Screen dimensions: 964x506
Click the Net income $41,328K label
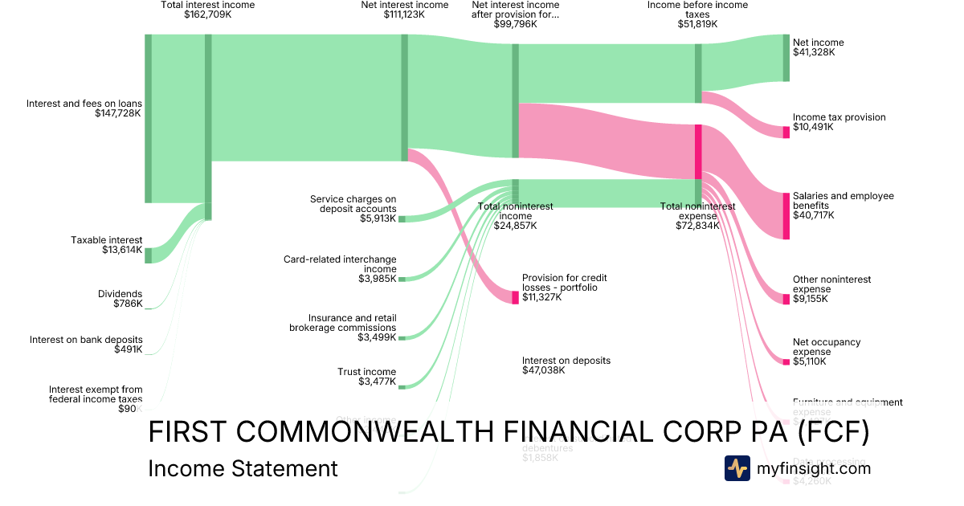coord(818,47)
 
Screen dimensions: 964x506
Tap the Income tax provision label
coord(839,122)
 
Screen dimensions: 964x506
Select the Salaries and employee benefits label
coord(843,206)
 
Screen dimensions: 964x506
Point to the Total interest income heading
coord(207,10)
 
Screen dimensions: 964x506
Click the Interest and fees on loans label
coord(84,108)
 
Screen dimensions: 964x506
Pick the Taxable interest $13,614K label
coord(106,245)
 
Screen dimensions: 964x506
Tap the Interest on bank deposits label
coord(86,345)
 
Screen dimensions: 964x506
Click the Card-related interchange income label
coord(340,269)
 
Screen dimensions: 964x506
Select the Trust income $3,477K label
coord(366,377)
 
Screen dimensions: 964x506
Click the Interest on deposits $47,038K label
coord(566,365)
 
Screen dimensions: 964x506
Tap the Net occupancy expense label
coord(826,352)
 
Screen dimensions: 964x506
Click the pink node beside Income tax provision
coord(786,132)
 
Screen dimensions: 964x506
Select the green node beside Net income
coord(786,58)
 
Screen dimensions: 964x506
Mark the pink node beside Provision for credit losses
coord(516,297)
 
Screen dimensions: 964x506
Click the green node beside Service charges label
coord(402,218)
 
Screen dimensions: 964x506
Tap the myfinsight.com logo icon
coord(737,468)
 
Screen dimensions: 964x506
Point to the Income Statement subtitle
coord(243,469)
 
